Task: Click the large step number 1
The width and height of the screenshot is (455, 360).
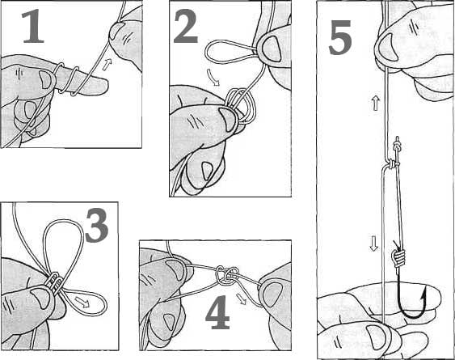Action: (33, 26)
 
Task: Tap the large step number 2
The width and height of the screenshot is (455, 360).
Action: (186, 26)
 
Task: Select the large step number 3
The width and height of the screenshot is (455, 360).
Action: (97, 226)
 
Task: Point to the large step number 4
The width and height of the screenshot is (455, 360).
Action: (217, 312)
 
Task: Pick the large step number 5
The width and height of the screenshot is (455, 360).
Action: (340, 38)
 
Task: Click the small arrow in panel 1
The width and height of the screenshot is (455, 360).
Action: (107, 64)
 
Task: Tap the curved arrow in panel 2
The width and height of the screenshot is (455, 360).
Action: (214, 78)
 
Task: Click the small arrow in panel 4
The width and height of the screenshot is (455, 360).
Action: (241, 299)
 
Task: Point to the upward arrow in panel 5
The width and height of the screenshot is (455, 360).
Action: (376, 104)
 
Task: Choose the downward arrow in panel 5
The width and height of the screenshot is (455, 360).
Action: (373, 244)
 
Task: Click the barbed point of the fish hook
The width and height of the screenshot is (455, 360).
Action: (425, 293)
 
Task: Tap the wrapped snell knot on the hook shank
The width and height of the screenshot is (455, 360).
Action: (398, 259)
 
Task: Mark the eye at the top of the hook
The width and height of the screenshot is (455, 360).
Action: (397, 145)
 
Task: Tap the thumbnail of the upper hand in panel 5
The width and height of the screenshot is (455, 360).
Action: (388, 47)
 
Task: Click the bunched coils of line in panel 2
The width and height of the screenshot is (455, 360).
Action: (241, 106)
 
